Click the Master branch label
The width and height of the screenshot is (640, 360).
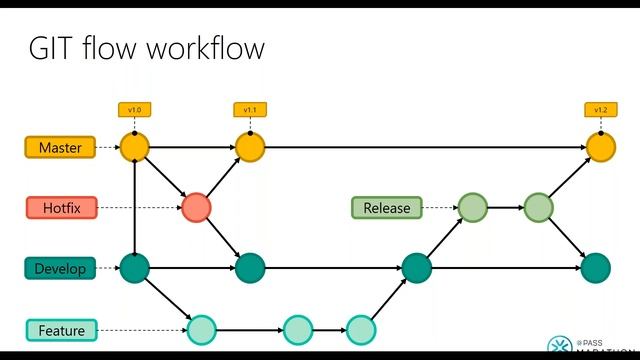(x=60, y=148)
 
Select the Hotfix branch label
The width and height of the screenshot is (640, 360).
(x=60, y=208)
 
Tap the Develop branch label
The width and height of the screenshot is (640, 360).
(x=59, y=268)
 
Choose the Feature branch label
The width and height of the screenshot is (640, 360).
(x=61, y=330)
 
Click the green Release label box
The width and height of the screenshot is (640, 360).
(x=387, y=208)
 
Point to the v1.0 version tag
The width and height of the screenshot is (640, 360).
(x=134, y=109)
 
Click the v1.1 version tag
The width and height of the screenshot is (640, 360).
(x=249, y=109)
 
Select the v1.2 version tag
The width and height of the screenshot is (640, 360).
(x=601, y=109)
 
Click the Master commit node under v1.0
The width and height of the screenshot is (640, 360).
(x=134, y=148)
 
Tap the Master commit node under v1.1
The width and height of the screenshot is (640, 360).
(x=250, y=148)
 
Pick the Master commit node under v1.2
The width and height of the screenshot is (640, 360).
(x=601, y=148)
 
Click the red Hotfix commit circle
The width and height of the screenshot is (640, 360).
(x=197, y=207)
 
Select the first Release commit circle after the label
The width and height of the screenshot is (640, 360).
(x=473, y=208)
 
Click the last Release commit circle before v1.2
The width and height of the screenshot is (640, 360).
(x=538, y=208)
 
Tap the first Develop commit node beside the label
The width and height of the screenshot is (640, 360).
(x=134, y=267)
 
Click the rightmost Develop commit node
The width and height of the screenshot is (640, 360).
(x=595, y=267)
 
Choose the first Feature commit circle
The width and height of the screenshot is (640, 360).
(x=202, y=329)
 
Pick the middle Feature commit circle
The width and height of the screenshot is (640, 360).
(x=298, y=329)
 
